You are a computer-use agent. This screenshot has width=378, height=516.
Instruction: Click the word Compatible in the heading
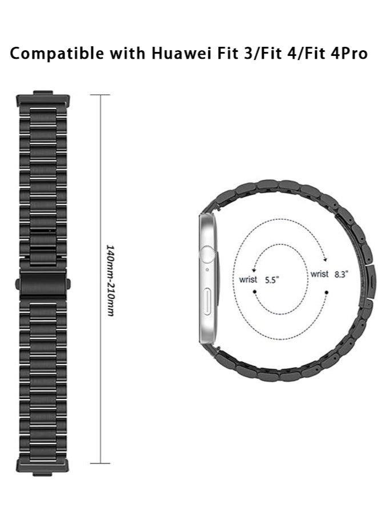(x=57, y=53)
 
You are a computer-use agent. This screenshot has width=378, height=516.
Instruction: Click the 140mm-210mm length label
(x=111, y=280)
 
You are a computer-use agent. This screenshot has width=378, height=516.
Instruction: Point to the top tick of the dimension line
(x=100, y=95)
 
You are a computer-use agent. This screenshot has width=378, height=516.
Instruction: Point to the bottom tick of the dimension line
(x=100, y=463)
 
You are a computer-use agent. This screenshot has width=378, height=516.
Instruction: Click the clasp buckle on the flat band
(x=43, y=284)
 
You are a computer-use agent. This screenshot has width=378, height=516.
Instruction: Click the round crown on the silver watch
(x=208, y=254)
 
